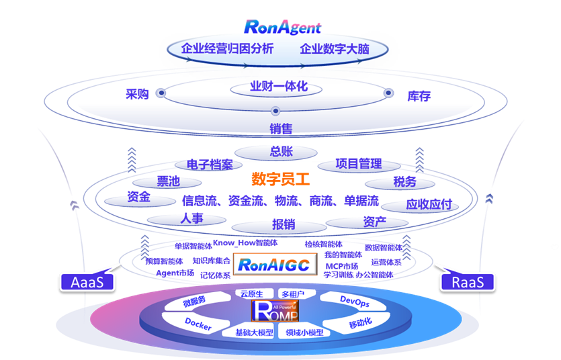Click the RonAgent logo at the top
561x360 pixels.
click(x=282, y=27)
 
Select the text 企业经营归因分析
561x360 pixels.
click(x=228, y=49)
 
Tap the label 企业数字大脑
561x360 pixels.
click(x=334, y=49)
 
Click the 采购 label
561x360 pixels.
click(x=137, y=95)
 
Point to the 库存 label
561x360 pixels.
click(x=419, y=96)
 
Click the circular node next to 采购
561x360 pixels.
click(x=161, y=93)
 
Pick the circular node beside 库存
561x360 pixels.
click(x=388, y=93)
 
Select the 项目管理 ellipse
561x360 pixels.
click(x=358, y=163)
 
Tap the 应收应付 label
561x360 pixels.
click(x=429, y=204)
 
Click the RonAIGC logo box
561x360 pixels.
click(x=274, y=265)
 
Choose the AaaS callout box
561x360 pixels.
click(x=87, y=282)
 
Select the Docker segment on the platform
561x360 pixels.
click(x=198, y=326)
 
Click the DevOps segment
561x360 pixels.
click(x=354, y=302)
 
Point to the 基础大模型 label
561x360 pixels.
click(x=254, y=332)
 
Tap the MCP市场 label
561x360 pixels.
click(x=342, y=266)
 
